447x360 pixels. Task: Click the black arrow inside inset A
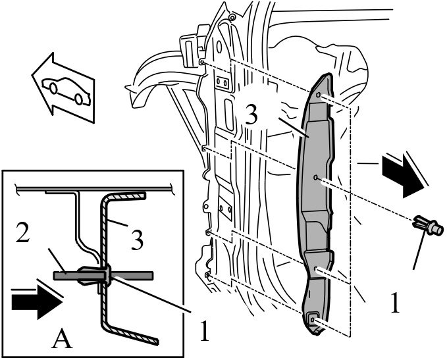click(x=37, y=302)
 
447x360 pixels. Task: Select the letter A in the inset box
click(x=62, y=338)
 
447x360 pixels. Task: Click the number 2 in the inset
click(x=22, y=232)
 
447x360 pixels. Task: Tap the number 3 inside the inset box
click(x=137, y=240)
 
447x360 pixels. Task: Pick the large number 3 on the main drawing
click(x=251, y=115)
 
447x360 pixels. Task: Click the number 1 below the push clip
click(x=394, y=303)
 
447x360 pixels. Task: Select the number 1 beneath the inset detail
click(x=204, y=331)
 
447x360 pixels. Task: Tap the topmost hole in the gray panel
click(x=319, y=95)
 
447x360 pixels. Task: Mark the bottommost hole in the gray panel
click(x=313, y=320)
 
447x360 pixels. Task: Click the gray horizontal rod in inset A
click(x=103, y=276)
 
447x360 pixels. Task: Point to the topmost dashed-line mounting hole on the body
click(x=202, y=62)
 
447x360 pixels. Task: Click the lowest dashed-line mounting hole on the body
click(x=207, y=275)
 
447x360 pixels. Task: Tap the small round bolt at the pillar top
click(x=232, y=18)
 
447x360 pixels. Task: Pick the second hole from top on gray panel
click(x=315, y=178)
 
